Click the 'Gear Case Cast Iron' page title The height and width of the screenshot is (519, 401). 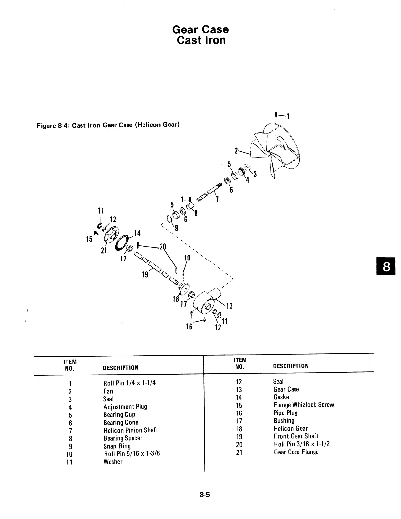coord(200,35)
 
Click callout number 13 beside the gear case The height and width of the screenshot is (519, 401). coord(229,306)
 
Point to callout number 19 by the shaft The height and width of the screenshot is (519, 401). coord(145,274)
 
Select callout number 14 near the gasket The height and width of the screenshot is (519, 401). coord(137,233)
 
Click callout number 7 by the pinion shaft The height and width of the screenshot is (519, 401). coord(217,200)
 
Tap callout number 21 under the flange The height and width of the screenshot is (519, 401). coord(104,251)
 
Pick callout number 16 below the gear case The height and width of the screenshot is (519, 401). coord(189,326)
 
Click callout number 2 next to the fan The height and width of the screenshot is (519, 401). coord(236,151)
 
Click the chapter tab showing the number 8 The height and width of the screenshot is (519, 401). coord(386,267)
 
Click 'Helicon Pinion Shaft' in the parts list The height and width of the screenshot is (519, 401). coord(131,430)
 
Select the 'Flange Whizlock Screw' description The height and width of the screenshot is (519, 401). coord(304,405)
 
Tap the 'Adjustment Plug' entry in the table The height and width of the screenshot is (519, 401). coord(125,407)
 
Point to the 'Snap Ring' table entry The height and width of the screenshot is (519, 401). coord(117,446)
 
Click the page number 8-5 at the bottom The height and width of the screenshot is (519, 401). coord(205,495)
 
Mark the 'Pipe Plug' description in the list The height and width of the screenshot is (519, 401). coord(286,413)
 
